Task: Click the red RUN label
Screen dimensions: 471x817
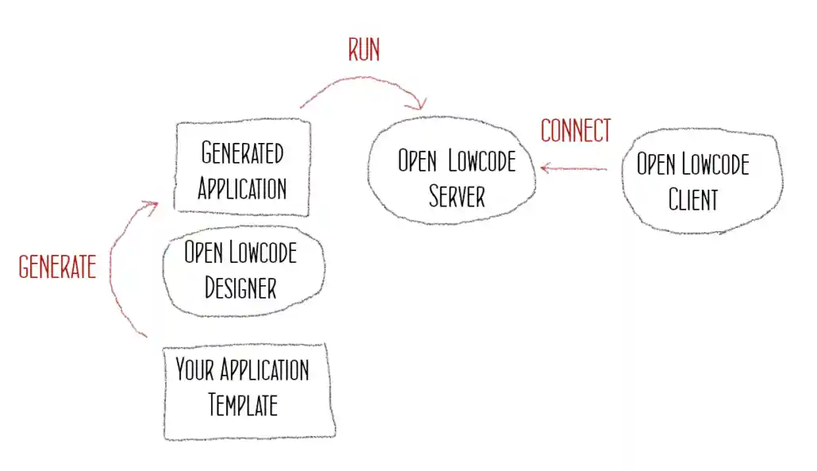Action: tap(364, 50)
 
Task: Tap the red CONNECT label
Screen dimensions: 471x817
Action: tap(576, 130)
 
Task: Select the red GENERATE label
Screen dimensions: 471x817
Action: tap(57, 267)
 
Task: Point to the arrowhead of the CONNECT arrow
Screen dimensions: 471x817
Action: tap(545, 168)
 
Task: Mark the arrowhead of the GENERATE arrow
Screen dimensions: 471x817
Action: tap(152, 205)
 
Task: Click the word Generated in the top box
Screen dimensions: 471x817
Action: tap(242, 152)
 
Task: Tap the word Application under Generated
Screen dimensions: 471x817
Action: tap(242, 188)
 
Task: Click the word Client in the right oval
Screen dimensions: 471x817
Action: tap(692, 199)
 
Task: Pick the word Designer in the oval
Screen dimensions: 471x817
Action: tap(241, 287)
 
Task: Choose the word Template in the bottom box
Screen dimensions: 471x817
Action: tap(243, 405)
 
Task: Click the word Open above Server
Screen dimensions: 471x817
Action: tap(417, 162)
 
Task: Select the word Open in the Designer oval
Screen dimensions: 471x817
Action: tap(202, 253)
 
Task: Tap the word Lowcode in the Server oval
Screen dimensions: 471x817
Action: tap(482, 162)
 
